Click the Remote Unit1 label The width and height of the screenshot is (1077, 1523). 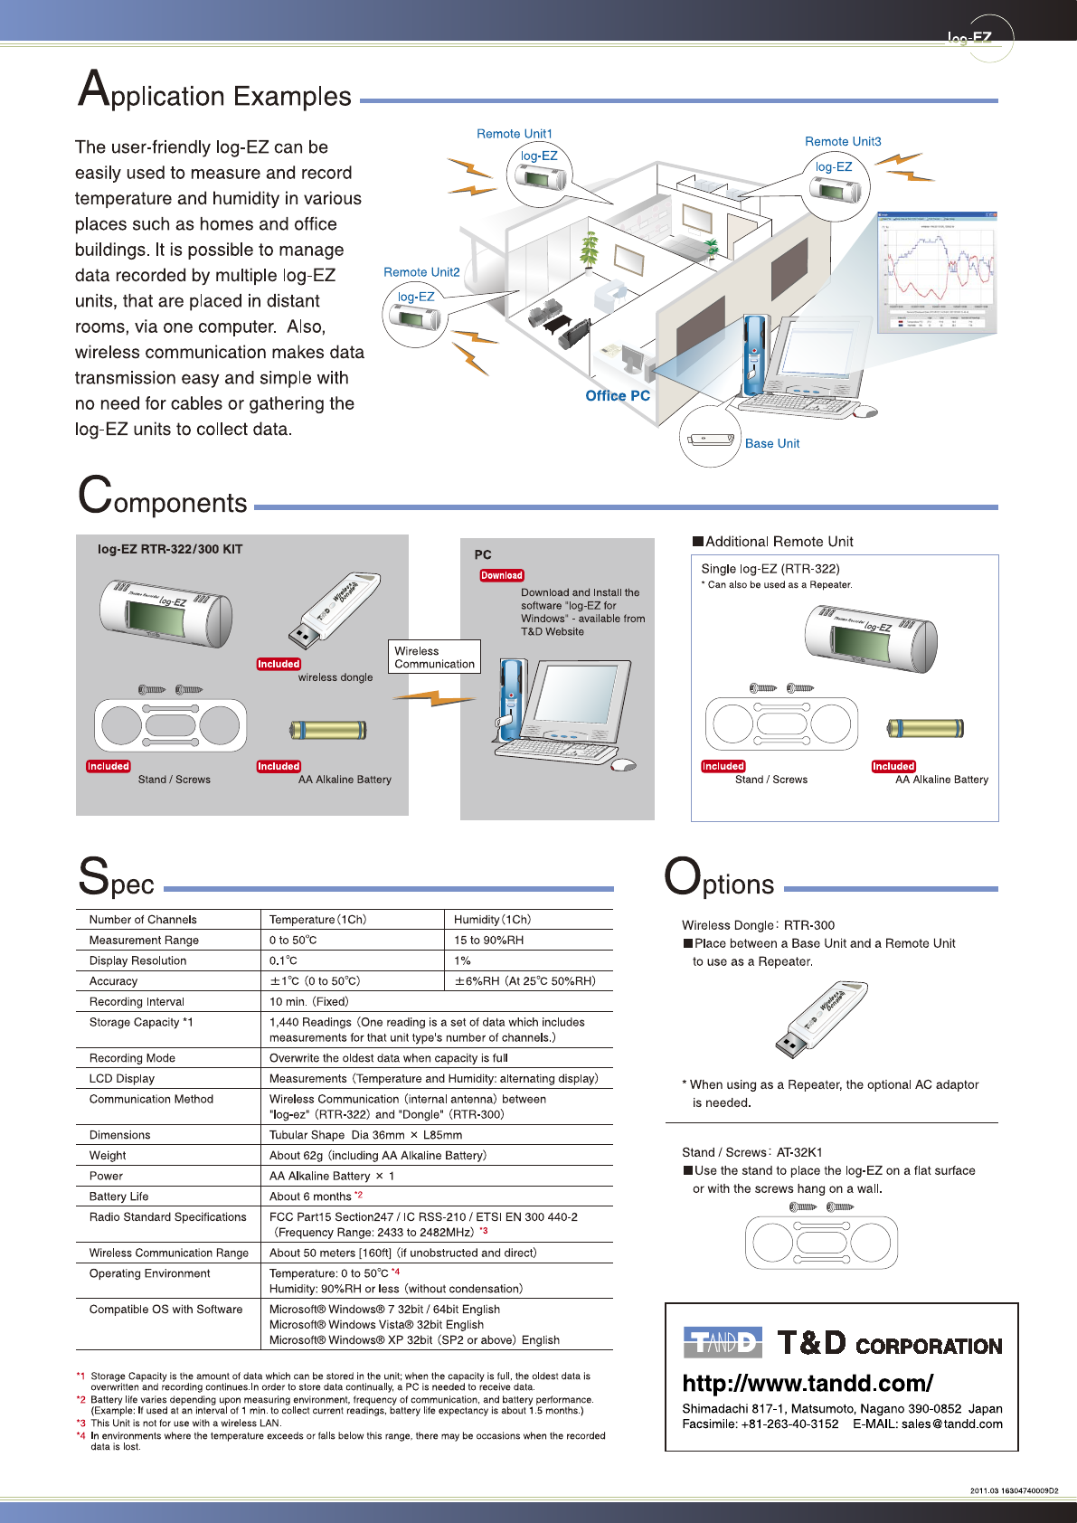[x=514, y=134]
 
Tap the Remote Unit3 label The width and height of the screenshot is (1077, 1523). [x=842, y=142]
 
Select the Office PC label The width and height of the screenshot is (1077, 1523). [x=618, y=396]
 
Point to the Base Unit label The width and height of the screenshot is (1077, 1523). [x=772, y=444]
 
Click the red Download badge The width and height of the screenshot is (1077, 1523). [x=502, y=575]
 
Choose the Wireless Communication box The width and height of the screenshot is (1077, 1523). [x=434, y=657]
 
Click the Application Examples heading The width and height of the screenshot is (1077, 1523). [x=214, y=92]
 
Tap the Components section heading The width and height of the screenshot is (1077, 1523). [x=163, y=498]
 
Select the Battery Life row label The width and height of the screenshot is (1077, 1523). [x=118, y=1197]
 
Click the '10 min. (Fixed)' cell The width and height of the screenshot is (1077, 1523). [x=309, y=1002]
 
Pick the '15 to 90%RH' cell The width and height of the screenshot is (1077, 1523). [x=489, y=941]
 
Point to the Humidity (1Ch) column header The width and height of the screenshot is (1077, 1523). [x=493, y=920]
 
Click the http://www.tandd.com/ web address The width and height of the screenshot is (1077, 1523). [x=808, y=1383]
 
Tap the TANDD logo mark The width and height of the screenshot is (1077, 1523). [x=723, y=1342]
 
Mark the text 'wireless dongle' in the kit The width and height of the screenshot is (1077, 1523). [x=335, y=677]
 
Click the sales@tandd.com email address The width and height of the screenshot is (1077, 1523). [x=952, y=1424]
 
